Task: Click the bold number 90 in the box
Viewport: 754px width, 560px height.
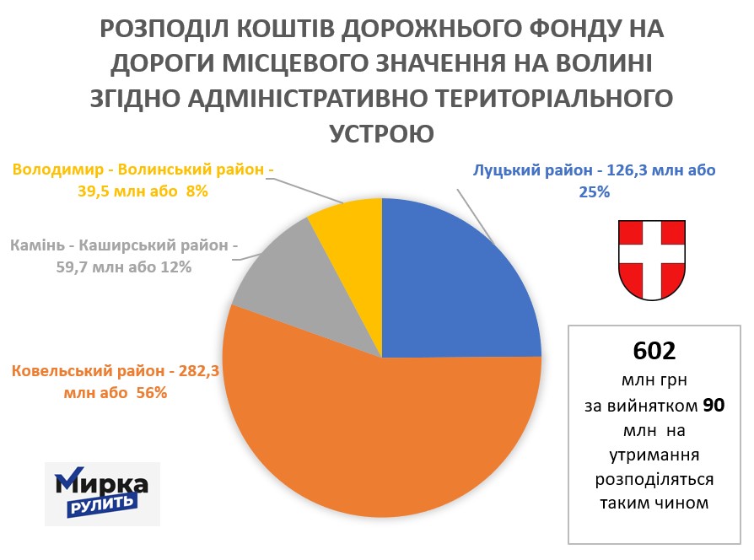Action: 714,407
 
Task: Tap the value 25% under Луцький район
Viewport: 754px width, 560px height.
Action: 594,191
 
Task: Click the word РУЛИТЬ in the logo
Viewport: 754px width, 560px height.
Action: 101,504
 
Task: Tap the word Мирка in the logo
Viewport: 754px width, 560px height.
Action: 102,484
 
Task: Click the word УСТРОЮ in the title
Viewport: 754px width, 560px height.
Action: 380,133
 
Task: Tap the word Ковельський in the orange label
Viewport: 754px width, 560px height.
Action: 62,371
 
